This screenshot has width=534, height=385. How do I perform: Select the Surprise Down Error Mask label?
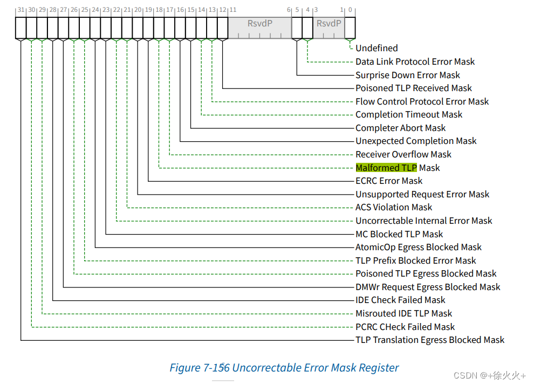[407, 75]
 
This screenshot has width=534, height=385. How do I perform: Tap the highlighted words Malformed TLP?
[386, 168]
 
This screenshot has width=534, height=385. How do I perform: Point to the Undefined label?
[376, 48]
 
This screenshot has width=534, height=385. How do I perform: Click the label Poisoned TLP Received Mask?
[413, 88]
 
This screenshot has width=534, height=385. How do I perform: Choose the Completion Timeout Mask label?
[408, 114]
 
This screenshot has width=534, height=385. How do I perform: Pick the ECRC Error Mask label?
[389, 181]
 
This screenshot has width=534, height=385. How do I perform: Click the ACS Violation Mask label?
[394, 207]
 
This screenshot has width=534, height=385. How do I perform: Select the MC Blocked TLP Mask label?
[399, 234]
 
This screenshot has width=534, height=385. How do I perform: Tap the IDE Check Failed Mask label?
[400, 300]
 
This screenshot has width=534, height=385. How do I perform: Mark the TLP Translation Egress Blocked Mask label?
[430, 340]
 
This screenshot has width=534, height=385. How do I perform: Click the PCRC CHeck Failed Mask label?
[405, 327]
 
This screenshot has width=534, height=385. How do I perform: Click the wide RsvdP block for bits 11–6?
[259, 27]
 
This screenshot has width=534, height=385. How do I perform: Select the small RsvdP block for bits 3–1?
[328, 27]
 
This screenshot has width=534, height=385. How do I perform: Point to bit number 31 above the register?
[20, 10]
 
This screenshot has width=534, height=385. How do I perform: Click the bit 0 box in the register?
[350, 27]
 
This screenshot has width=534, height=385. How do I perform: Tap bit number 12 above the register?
[222, 10]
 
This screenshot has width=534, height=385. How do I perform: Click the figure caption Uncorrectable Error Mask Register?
[284, 368]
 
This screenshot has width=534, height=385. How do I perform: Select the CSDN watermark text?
[489, 375]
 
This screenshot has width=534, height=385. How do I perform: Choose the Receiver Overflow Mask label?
[403, 154]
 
